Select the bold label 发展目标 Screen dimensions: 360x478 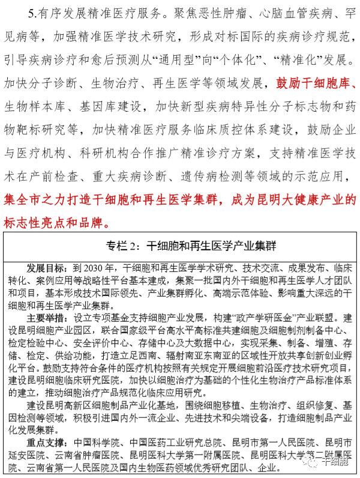pos(44,266)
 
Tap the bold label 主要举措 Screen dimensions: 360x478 pos(44,316)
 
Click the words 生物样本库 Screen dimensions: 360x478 pos(31,107)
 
